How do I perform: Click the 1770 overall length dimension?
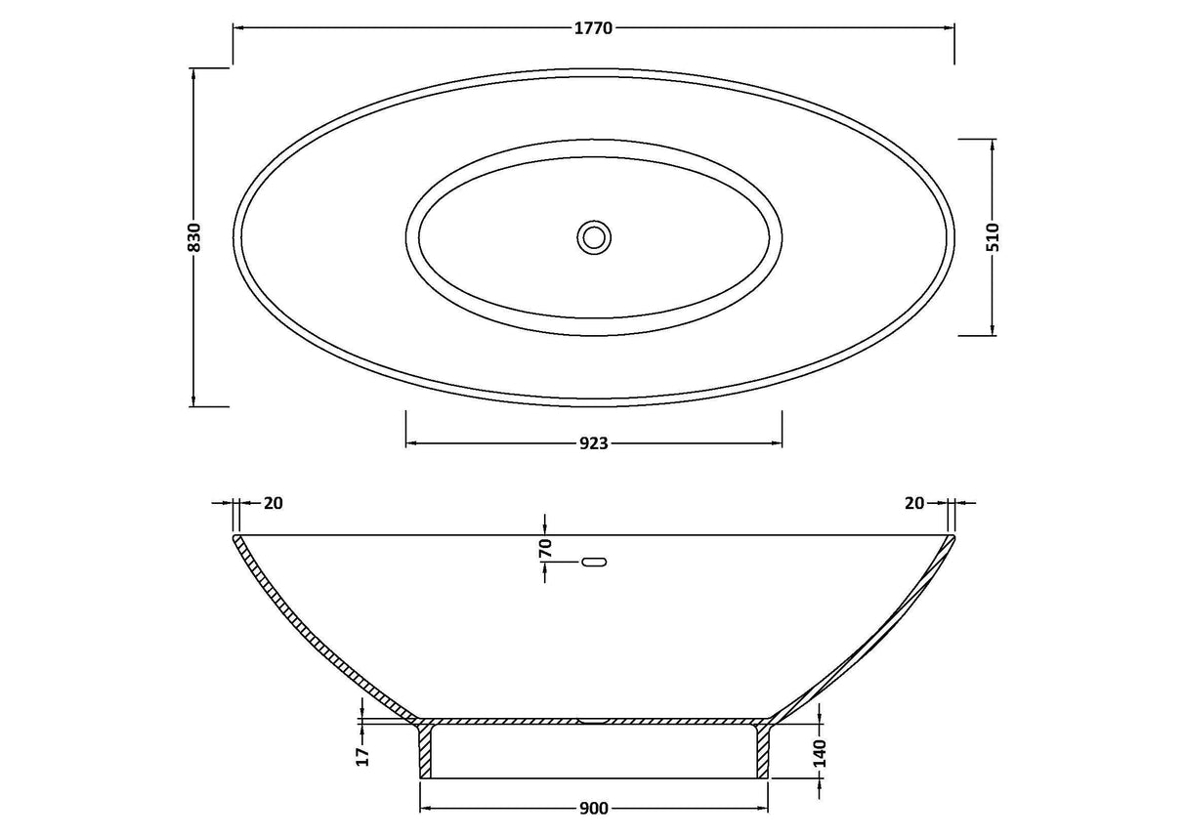tap(593, 28)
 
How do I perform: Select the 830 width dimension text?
tap(194, 236)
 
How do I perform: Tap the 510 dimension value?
tap(994, 237)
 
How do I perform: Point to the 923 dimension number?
tap(594, 443)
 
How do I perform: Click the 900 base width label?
tap(594, 809)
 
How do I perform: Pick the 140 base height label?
tap(819, 753)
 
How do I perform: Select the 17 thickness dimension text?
tap(362, 757)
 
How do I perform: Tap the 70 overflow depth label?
tap(545, 548)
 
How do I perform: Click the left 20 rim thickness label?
tap(274, 503)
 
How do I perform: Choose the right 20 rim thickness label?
tap(914, 503)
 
